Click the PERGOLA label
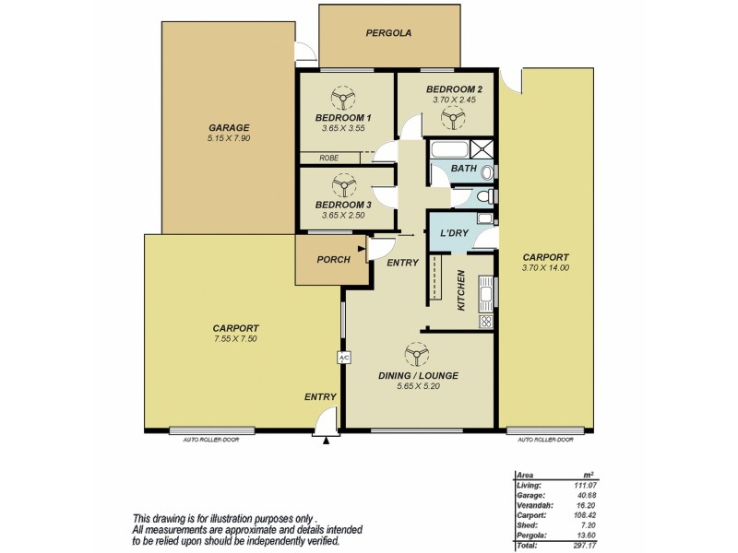(387, 33)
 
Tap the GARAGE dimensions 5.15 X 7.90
(229, 138)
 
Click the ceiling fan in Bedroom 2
(451, 115)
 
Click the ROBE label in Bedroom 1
(328, 158)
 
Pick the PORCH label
(333, 260)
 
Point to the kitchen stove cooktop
(484, 322)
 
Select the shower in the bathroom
(481, 147)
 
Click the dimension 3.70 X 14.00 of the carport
(545, 268)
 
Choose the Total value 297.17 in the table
(580, 546)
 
